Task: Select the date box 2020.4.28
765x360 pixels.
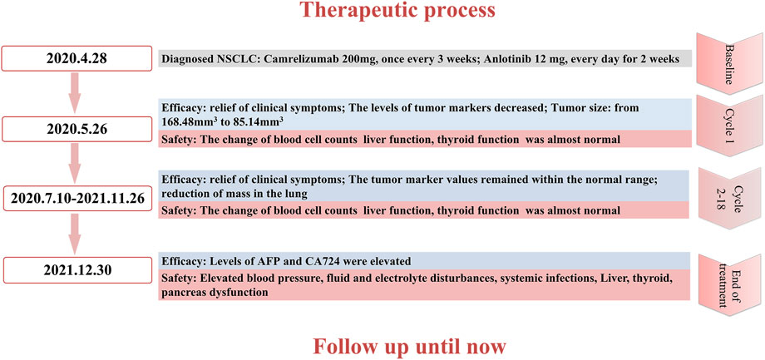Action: point(77,59)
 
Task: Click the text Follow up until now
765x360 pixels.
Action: point(409,347)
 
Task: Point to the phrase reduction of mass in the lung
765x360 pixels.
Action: point(234,195)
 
